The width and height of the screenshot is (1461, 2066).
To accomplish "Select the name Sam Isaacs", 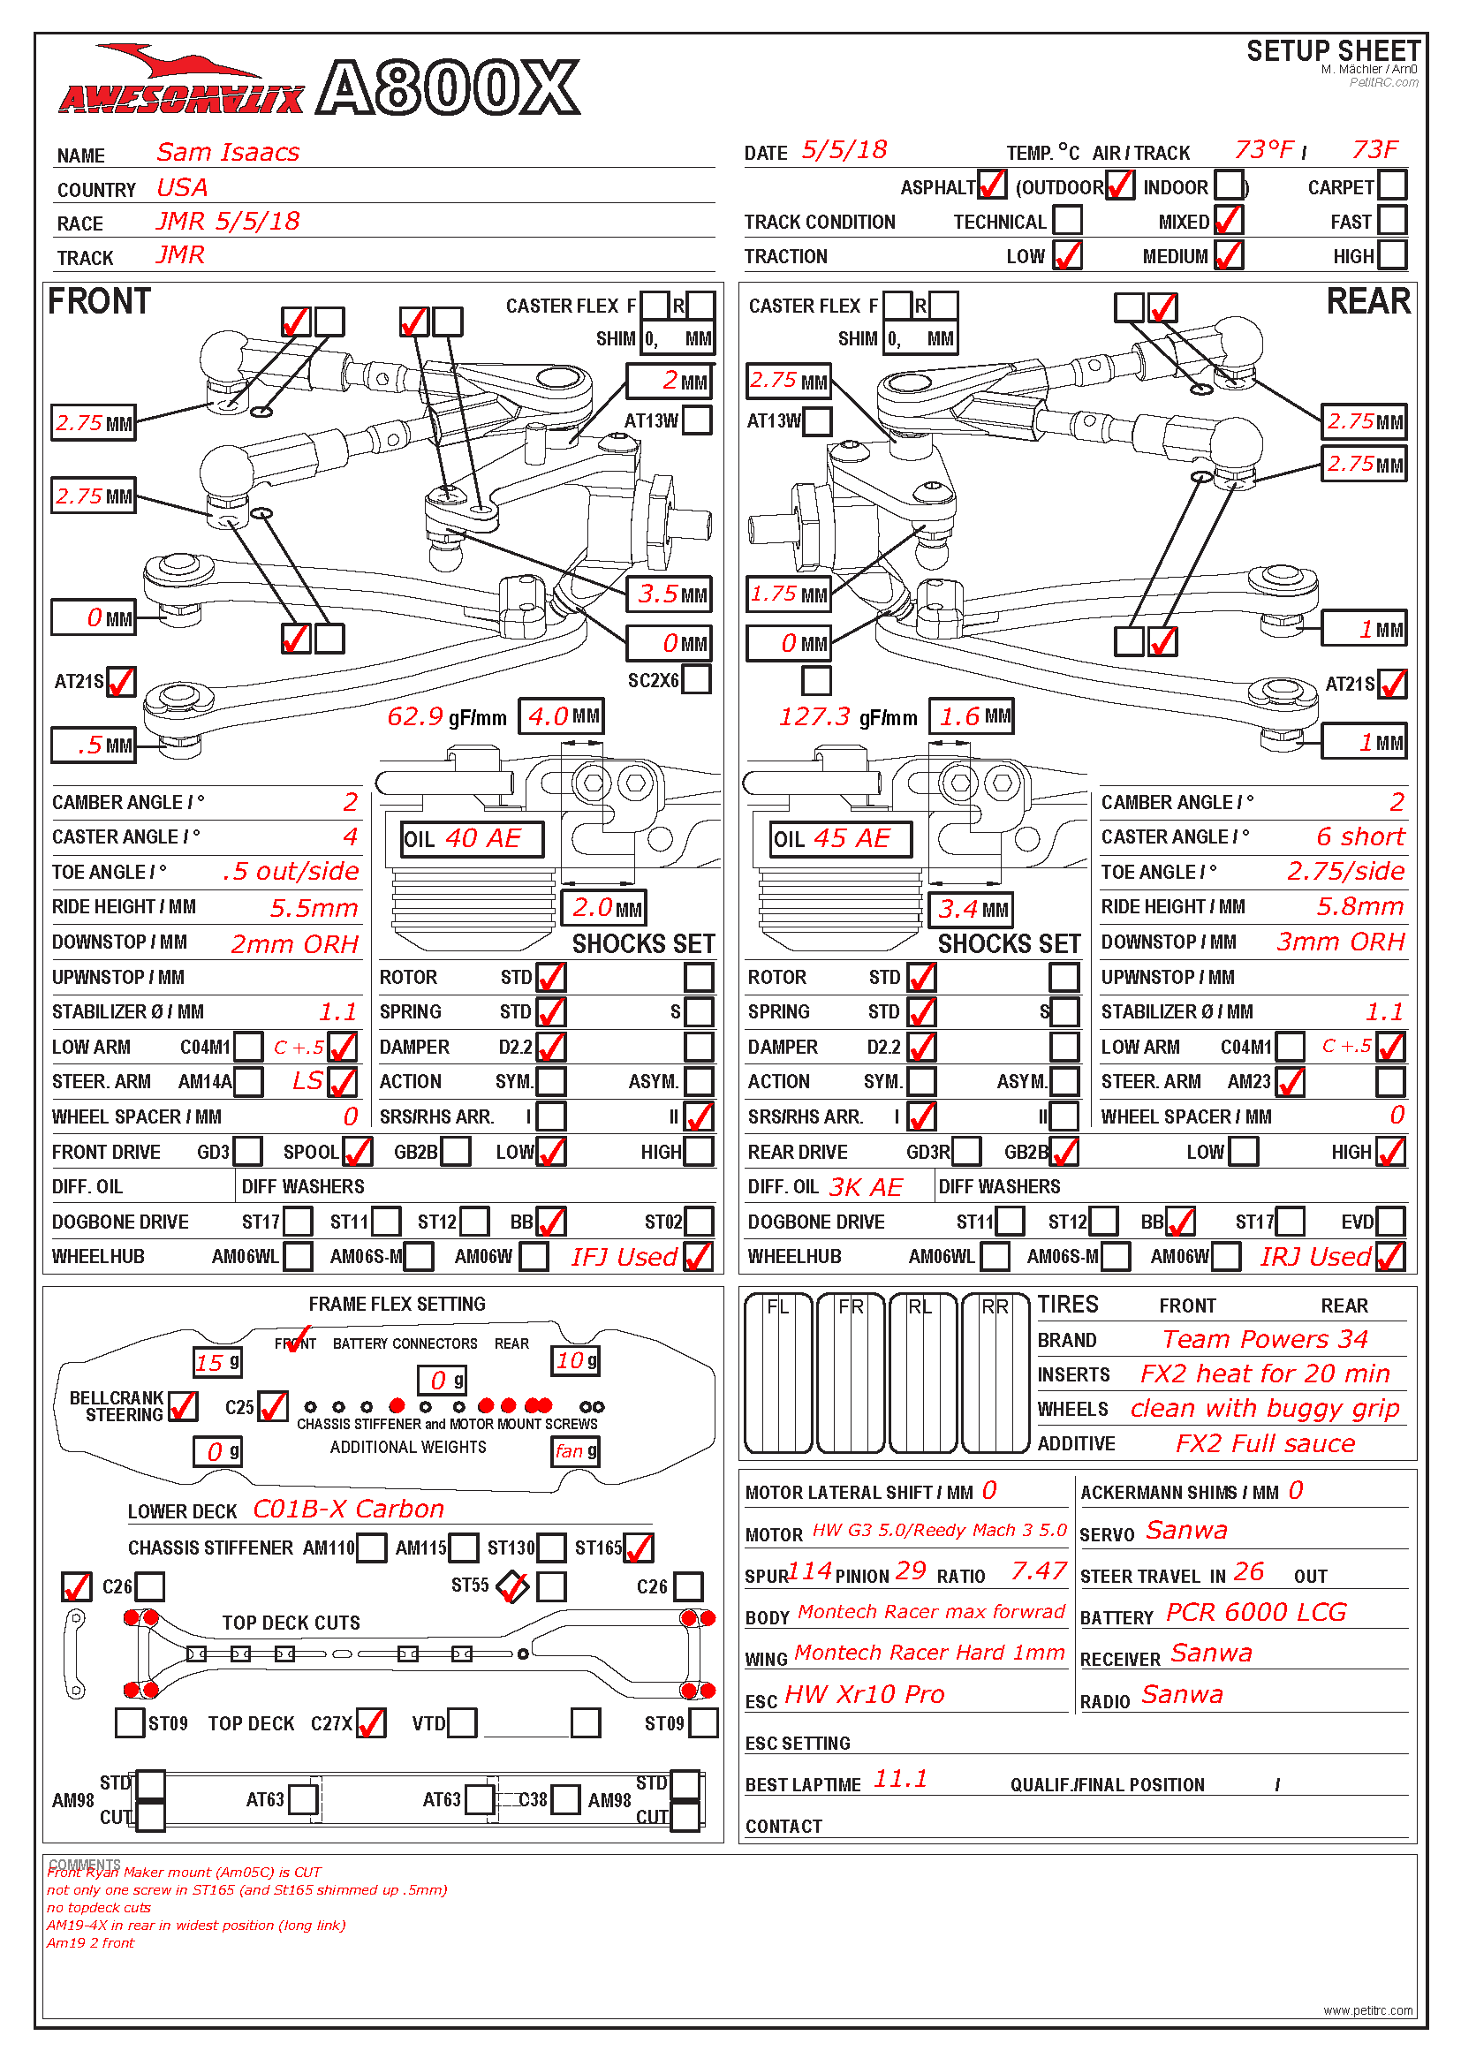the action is coord(228,152).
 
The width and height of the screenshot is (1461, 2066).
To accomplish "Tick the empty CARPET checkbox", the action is coord(1392,185).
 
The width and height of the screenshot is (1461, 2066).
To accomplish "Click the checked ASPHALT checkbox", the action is coord(991,185).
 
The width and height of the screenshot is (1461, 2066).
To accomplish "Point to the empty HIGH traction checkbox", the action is coord(1392,254).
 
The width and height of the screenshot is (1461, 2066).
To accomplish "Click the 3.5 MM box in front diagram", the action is coord(670,594).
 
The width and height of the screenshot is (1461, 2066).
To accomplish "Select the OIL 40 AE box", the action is coord(473,838).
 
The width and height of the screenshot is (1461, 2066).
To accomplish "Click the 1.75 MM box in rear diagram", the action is coord(789,594).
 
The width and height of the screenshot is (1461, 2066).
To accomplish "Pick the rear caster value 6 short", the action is coord(1360,836).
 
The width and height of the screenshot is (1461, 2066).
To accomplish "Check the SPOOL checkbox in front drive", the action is coord(357,1151).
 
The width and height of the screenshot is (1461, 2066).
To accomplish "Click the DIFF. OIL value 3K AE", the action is coord(866,1187).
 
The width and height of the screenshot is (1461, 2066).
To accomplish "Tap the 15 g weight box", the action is coord(217,1362).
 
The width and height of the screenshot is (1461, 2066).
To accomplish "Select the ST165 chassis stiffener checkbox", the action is coord(638,1548).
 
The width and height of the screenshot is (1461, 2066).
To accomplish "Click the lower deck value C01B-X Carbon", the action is coord(349,1509).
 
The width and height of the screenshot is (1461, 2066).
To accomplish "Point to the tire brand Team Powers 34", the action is coord(1265,1340).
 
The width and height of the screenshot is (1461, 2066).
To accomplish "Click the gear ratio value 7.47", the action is coord(1039,1571).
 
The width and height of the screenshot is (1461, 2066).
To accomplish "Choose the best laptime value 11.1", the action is coord(900,1779).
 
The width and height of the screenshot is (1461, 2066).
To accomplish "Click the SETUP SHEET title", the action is coord(1333,51).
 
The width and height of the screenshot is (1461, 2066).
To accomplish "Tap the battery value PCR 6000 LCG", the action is coord(1257,1613).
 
